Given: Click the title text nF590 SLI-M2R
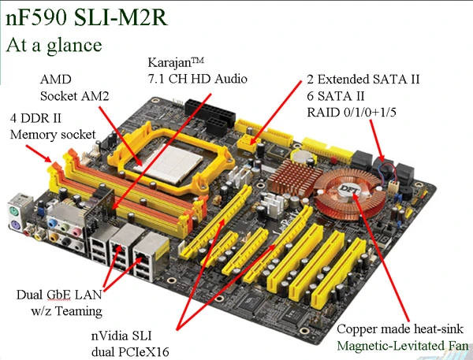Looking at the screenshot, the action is [x=86, y=18].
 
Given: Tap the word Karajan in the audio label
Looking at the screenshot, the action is [x=169, y=63].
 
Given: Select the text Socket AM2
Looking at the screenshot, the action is [x=75, y=96].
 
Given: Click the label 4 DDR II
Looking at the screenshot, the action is [x=35, y=118].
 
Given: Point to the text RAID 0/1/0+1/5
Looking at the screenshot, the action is [x=352, y=112].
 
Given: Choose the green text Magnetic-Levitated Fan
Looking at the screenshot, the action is [x=403, y=346].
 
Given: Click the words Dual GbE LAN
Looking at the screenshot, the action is [x=59, y=295].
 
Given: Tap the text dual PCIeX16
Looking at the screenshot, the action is [x=130, y=352].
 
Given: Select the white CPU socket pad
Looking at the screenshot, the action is [x=169, y=165].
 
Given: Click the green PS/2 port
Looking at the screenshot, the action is [x=14, y=211].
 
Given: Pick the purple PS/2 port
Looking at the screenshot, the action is [x=14, y=225].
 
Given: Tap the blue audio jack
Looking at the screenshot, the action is [x=52, y=224].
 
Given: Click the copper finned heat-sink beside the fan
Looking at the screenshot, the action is [x=294, y=177].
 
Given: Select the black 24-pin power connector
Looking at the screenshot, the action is [x=210, y=110].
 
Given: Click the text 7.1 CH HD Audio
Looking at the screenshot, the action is [x=198, y=79].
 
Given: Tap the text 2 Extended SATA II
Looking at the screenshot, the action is [x=363, y=80].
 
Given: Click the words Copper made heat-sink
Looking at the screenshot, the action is [x=400, y=329].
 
